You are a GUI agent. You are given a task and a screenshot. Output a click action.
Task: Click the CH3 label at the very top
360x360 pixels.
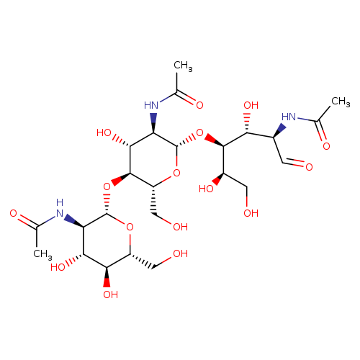(x=183, y=66)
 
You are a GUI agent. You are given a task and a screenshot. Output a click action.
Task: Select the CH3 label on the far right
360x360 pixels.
(x=341, y=102)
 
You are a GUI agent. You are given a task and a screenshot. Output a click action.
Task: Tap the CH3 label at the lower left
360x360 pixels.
(x=42, y=254)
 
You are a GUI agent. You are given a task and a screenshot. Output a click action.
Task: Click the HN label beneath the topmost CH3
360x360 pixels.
(x=151, y=105)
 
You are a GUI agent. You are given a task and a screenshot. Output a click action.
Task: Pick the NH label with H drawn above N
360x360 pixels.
(x=60, y=208)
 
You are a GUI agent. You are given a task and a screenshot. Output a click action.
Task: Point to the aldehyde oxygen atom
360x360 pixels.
(x=309, y=167)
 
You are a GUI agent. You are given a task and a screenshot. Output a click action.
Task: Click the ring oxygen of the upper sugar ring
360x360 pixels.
(x=176, y=173)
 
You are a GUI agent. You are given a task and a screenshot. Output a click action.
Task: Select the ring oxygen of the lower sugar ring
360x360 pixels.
(x=130, y=227)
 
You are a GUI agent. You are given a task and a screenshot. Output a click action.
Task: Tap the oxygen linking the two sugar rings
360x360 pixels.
(x=107, y=186)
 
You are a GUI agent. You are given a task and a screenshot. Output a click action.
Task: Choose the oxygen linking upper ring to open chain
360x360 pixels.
(x=199, y=132)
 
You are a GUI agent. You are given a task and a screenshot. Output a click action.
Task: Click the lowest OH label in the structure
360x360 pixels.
(x=111, y=294)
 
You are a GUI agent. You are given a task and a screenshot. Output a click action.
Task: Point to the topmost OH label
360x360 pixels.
(x=251, y=105)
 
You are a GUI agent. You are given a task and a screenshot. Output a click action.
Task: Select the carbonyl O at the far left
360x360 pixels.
(x=14, y=213)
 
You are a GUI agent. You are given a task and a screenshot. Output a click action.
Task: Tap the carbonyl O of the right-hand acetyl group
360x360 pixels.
(x=326, y=146)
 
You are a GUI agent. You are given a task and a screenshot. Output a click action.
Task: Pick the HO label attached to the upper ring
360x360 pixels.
(x=104, y=132)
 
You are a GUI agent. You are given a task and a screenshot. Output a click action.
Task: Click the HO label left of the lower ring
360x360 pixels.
(x=58, y=267)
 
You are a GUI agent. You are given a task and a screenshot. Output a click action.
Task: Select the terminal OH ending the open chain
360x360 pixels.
(x=251, y=213)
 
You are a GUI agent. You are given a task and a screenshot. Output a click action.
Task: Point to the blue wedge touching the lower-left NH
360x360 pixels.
(x=73, y=220)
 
